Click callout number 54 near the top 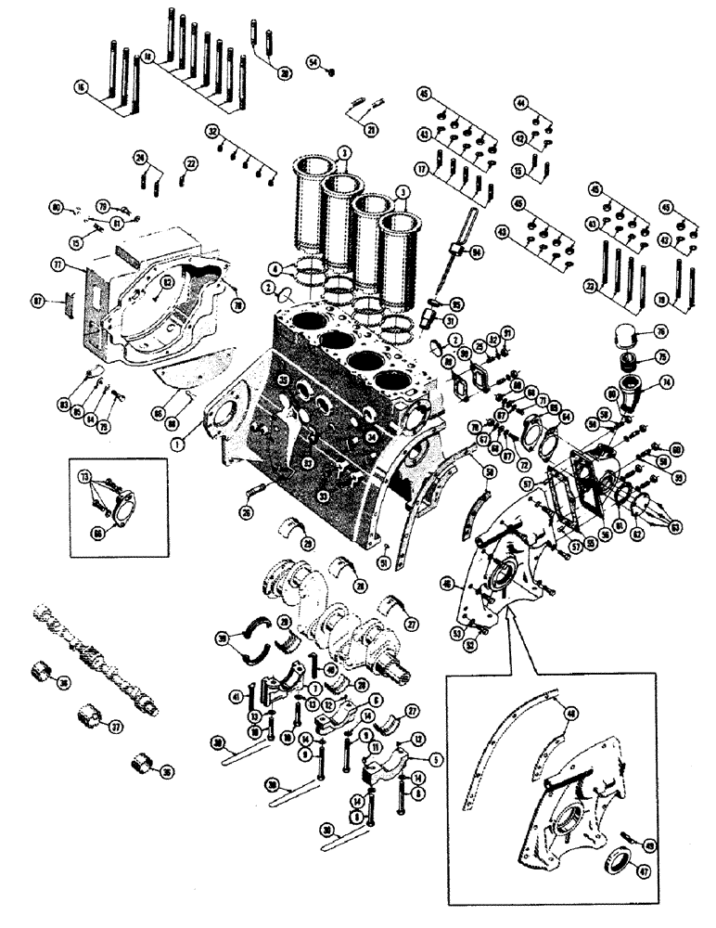pyautogui.click(x=313, y=61)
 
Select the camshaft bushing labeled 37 pyautogui.click(x=89, y=717)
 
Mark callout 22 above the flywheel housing pyautogui.click(x=191, y=163)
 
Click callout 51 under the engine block pyautogui.click(x=382, y=561)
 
